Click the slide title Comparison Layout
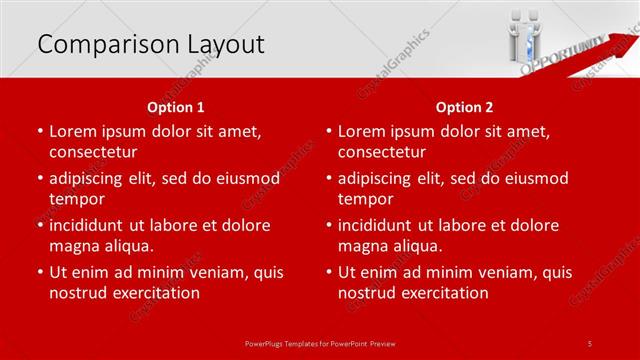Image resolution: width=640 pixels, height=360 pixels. tap(150, 44)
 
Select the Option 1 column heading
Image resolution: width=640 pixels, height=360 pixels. tap(176, 106)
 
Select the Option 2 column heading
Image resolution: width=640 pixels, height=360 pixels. tap(465, 106)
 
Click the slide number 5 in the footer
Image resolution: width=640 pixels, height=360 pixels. tap(590, 342)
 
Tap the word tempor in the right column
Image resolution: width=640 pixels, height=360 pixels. tap(365, 199)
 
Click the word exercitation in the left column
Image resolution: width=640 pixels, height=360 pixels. tap(156, 293)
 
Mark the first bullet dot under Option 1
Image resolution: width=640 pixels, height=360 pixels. tap(38, 131)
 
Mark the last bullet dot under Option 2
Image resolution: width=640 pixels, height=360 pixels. tap(327, 272)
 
